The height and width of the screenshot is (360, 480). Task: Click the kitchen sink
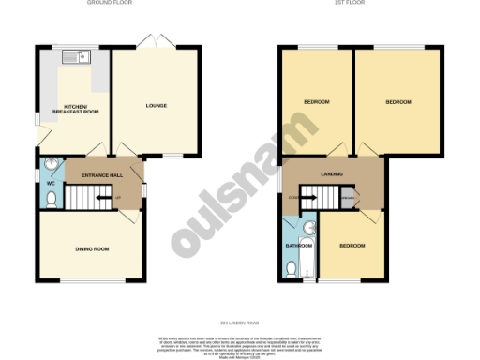74,58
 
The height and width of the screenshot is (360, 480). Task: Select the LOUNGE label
157,105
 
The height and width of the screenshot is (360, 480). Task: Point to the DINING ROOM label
93,248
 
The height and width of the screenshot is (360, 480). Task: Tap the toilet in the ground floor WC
50,200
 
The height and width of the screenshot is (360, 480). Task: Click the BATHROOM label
298,246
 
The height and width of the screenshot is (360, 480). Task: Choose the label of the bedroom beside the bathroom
352,245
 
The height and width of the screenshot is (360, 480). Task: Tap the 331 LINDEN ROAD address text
239,323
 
